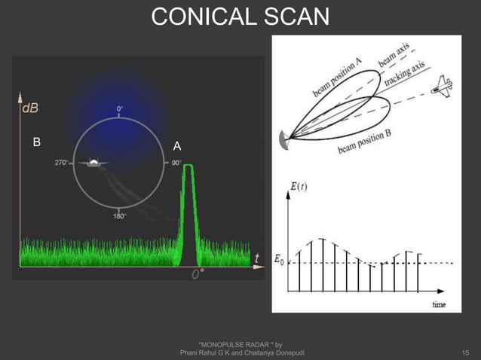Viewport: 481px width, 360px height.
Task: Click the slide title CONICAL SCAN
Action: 240,16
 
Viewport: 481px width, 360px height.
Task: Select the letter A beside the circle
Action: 177,145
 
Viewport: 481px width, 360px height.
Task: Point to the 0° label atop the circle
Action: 121,109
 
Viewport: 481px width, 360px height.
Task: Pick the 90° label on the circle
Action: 176,162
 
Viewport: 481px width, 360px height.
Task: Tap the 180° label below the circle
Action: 120,216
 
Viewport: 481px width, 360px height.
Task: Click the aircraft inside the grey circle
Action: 93,163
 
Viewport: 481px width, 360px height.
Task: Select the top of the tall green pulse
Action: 188,166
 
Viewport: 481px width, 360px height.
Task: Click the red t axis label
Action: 257,258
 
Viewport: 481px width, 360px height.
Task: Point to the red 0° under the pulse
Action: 198,274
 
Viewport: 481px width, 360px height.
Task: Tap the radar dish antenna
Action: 283,139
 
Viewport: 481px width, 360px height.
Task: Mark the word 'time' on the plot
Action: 438,304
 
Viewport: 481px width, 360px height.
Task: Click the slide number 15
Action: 465,352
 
